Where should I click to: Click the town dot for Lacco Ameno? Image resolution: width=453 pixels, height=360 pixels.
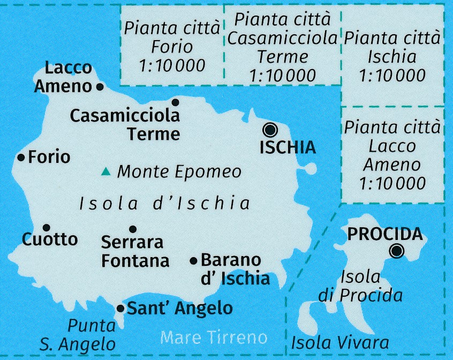100,86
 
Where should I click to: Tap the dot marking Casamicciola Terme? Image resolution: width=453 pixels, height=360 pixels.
175,102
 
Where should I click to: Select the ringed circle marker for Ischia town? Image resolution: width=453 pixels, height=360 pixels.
270,130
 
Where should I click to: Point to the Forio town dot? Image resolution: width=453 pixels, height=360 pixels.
21,157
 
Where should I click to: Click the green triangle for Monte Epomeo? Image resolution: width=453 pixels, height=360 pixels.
106,172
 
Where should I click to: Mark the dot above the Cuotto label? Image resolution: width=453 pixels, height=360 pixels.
46,227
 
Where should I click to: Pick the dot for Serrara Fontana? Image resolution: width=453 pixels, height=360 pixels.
133,229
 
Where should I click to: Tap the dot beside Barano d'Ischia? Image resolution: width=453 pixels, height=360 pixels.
194,261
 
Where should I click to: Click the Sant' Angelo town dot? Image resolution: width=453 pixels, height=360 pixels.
120,308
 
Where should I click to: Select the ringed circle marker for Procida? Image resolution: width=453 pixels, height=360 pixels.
397,250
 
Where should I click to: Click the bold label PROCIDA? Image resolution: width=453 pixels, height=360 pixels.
385,234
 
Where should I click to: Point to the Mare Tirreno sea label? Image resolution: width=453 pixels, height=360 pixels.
214,337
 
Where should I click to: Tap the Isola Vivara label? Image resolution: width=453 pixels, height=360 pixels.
339,342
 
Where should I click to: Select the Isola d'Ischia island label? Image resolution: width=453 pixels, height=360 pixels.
165,204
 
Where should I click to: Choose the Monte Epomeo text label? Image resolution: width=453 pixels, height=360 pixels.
179,172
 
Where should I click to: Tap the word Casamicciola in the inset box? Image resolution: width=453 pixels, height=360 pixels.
286,39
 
